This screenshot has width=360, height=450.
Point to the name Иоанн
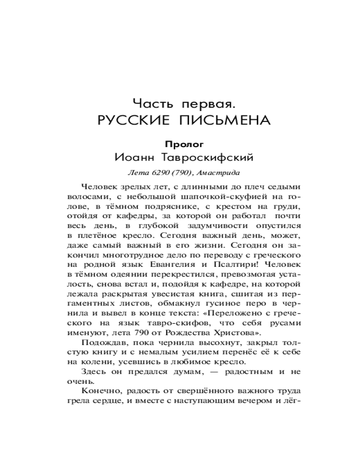point(133,158)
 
